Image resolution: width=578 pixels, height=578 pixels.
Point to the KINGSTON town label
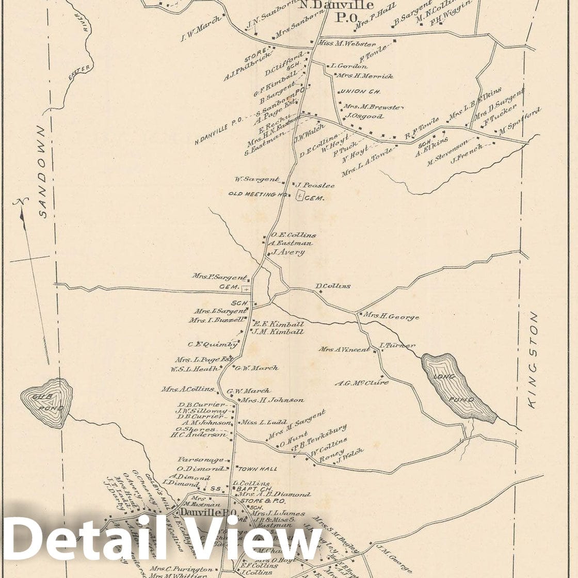click(533, 360)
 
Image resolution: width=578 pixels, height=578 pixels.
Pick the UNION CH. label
click(360, 91)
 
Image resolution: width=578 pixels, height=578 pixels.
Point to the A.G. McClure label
click(361, 383)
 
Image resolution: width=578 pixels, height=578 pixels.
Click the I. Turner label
click(397, 345)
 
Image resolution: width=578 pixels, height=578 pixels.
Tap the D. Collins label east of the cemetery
click(333, 286)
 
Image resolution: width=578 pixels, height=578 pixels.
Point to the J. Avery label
click(288, 252)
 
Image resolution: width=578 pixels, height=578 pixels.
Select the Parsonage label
click(201, 459)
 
